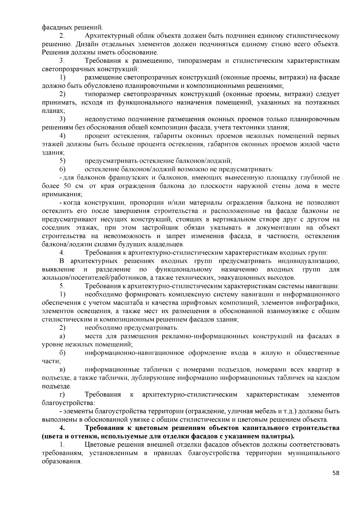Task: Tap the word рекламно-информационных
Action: point(205,336)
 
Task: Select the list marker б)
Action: point(62,353)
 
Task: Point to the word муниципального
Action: point(313,453)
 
